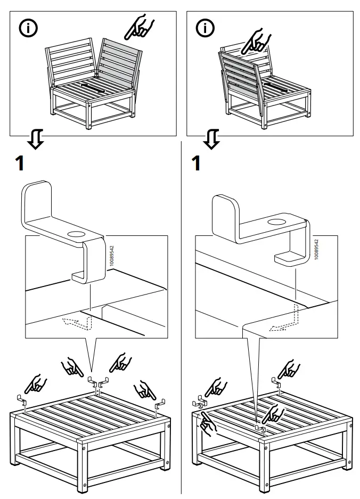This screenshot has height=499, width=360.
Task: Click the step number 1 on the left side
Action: [x=20, y=163]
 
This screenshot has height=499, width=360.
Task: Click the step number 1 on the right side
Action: [x=196, y=163]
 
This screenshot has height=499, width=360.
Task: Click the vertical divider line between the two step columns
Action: [x=181, y=320]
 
